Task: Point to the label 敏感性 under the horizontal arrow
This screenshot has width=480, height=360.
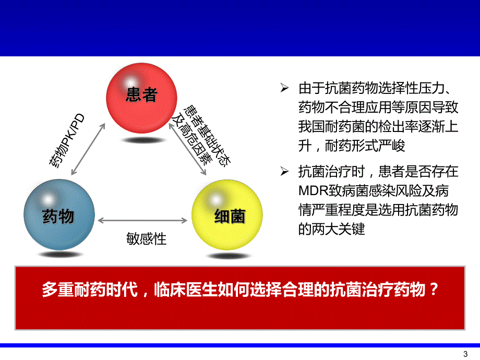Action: (x=146, y=239)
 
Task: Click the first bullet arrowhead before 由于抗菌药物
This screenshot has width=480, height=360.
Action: (x=284, y=87)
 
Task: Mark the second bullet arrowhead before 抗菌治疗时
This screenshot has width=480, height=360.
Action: (x=284, y=171)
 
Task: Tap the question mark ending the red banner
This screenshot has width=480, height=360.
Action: (x=434, y=290)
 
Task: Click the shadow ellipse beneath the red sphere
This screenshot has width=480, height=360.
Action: (x=141, y=140)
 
